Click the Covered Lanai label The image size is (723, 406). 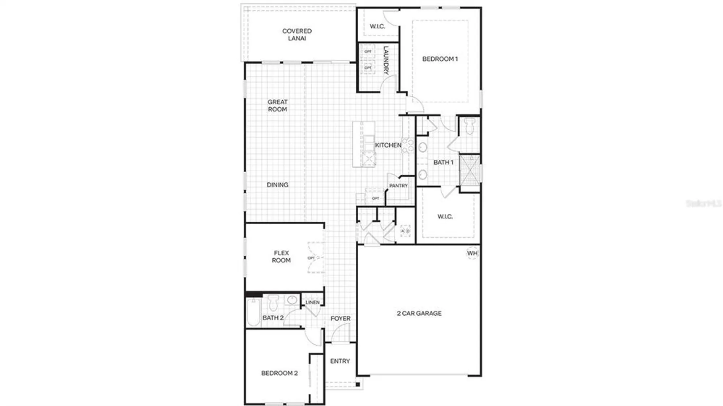pyautogui.click(x=297, y=35)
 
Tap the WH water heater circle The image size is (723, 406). pyautogui.click(x=472, y=253)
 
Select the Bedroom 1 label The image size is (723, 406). pyautogui.click(x=440, y=59)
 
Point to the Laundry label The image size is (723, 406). pyautogui.click(x=386, y=60)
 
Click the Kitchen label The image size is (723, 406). pyautogui.click(x=388, y=145)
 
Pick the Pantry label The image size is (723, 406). pyautogui.click(x=398, y=186)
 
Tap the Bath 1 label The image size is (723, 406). pyautogui.click(x=443, y=163)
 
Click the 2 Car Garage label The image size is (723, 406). pyautogui.click(x=419, y=314)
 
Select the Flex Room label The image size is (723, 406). pyautogui.click(x=281, y=256)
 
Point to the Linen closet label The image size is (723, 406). pyautogui.click(x=312, y=302)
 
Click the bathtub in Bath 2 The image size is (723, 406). pyautogui.click(x=253, y=312)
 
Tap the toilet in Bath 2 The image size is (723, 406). pyautogui.click(x=273, y=303)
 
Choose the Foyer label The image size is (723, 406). pyautogui.click(x=340, y=319)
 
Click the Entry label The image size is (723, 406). pyautogui.click(x=340, y=361)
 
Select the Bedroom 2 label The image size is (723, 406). pyautogui.click(x=279, y=373)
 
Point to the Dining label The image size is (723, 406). pyautogui.click(x=277, y=185)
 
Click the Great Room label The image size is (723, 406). pyautogui.click(x=277, y=105)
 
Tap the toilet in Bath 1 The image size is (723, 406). pyautogui.click(x=470, y=126)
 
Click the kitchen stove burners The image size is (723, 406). pyautogui.click(x=408, y=145)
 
